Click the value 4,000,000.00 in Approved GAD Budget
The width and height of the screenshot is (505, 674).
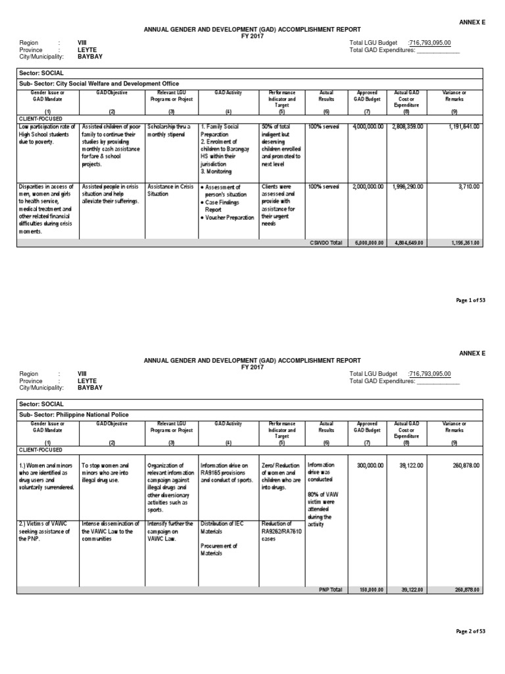point(367,126)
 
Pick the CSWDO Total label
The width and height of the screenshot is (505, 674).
point(326,243)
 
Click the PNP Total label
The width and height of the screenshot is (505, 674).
point(331,589)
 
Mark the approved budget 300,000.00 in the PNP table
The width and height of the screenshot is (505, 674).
point(370,465)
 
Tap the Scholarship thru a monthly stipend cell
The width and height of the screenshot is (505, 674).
point(169,129)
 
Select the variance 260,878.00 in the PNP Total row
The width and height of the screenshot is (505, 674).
point(468,589)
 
